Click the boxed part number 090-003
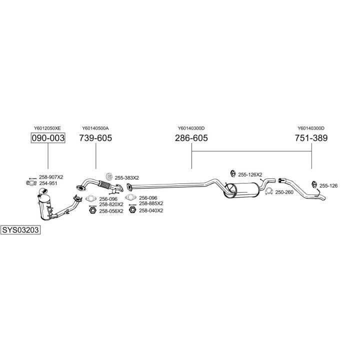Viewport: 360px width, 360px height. coord(48,138)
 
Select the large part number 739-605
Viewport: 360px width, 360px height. coord(95,138)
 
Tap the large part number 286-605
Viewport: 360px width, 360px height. coord(191,138)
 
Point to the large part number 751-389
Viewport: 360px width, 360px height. coord(311,138)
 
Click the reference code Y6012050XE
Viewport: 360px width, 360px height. coord(47,128)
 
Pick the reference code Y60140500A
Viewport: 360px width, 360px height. coord(95,128)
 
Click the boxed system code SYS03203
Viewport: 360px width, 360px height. coord(20,230)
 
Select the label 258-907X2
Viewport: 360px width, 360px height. coord(51,177)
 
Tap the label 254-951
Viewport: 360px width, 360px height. coord(49,183)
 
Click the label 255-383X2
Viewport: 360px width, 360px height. coord(126,177)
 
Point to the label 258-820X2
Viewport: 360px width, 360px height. coord(111,204)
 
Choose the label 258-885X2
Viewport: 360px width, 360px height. coord(151,203)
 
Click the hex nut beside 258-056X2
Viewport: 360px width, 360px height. coord(92,210)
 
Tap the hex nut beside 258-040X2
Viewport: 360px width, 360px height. coord(132,210)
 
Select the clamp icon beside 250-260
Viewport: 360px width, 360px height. coord(268,192)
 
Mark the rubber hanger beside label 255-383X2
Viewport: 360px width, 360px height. coord(109,176)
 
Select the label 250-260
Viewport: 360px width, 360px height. coord(284,192)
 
